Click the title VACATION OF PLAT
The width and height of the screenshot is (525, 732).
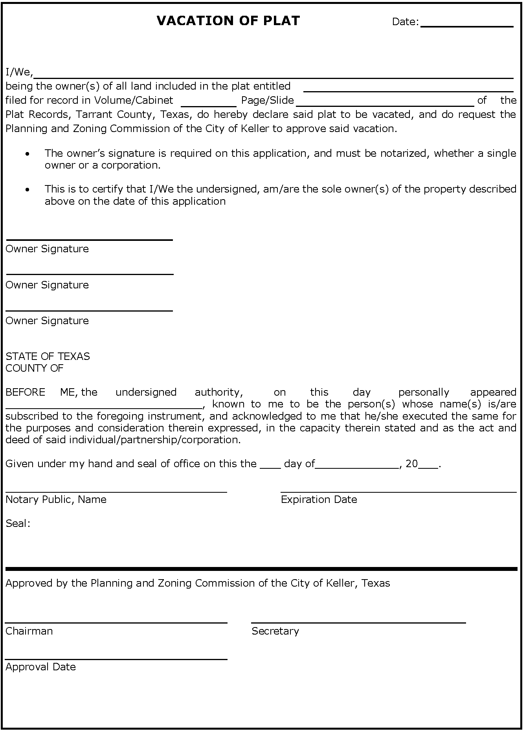[228, 21]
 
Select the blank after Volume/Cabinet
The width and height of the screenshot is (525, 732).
[208, 103]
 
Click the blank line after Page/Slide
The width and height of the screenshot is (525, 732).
[385, 103]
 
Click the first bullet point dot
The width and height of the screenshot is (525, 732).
[27, 154]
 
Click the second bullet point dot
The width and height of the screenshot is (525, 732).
[27, 190]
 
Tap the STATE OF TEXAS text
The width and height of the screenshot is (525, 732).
[48, 356]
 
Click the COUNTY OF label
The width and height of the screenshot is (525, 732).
[34, 368]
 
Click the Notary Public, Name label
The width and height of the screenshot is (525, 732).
[56, 499]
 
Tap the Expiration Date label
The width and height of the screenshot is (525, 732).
[319, 499]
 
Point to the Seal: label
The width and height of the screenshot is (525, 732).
[18, 523]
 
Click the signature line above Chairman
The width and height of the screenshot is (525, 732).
[116, 622]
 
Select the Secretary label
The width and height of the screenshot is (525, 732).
[275, 631]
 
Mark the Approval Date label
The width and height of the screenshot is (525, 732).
[40, 667]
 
